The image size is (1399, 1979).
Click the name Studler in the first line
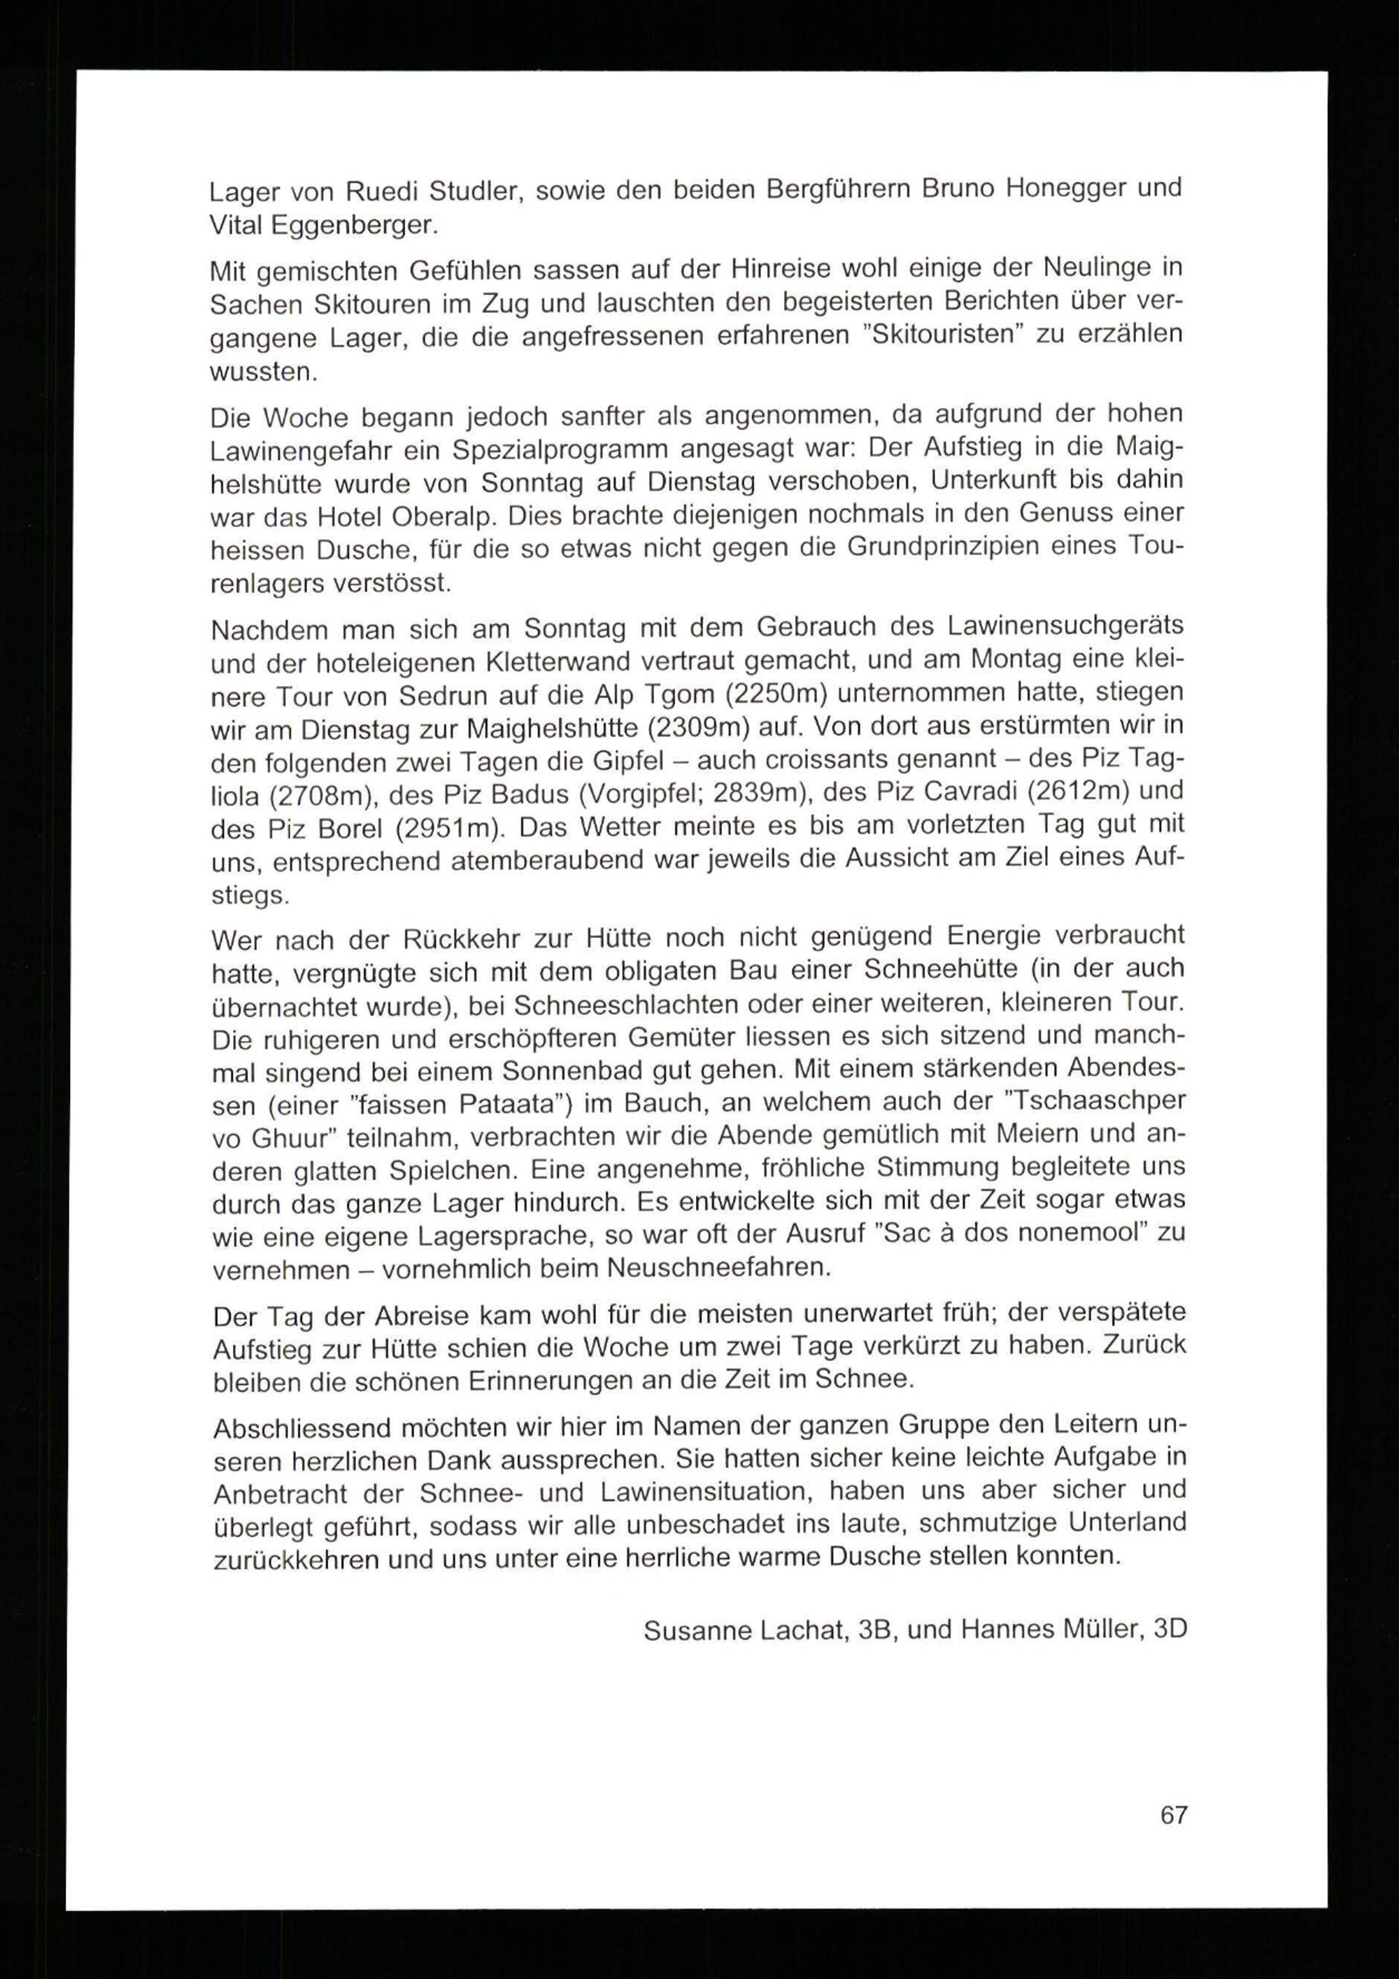point(476,190)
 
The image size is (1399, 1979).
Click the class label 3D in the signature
point(1169,1628)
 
